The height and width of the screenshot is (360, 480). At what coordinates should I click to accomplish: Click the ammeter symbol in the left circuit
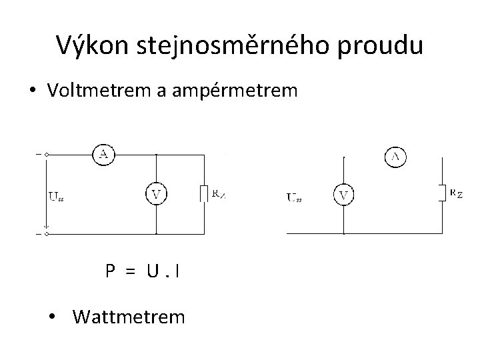click(103, 155)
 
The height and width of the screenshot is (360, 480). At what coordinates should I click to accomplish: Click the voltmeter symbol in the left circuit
click(156, 195)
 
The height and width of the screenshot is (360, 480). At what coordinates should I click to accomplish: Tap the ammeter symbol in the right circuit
click(396, 157)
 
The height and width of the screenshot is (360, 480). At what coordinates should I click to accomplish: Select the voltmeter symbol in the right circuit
click(344, 195)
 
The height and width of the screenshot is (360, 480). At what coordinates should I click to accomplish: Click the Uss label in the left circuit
click(57, 196)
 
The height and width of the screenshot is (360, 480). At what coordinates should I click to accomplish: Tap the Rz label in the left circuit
click(219, 193)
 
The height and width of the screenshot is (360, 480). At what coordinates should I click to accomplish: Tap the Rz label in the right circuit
click(456, 193)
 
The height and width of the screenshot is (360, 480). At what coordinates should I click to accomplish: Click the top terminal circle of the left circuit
click(46, 154)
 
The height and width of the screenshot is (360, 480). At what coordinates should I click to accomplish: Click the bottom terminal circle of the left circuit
click(46, 234)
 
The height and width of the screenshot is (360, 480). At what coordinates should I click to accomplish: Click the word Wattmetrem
click(129, 315)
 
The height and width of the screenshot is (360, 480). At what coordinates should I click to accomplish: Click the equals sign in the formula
click(131, 271)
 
